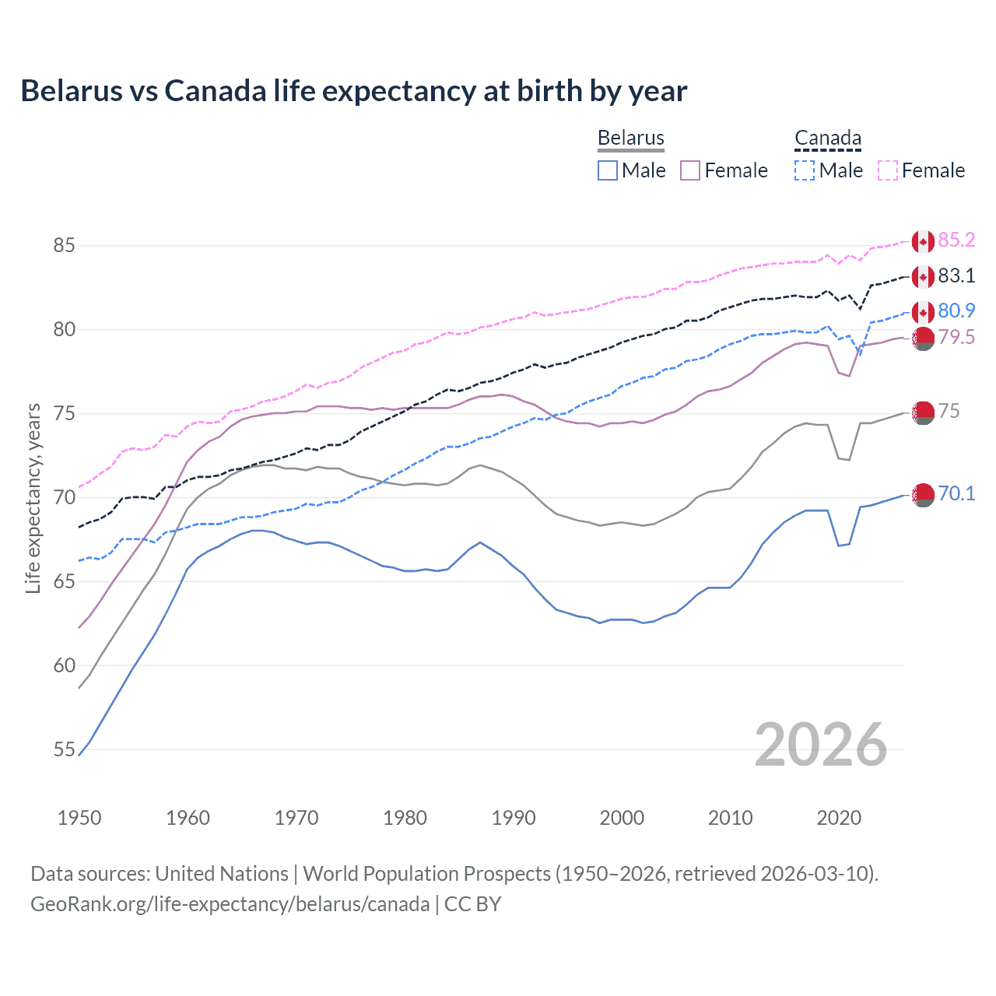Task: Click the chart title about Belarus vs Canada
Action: click(x=353, y=91)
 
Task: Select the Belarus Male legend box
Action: click(x=608, y=170)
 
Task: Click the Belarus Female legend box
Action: click(x=690, y=170)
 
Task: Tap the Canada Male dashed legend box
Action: click(x=805, y=170)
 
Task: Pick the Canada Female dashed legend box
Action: click(x=888, y=170)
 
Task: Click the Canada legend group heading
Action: click(x=827, y=139)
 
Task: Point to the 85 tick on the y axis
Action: click(x=64, y=245)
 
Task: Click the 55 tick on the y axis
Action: click(x=64, y=749)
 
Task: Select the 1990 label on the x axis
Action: click(x=514, y=818)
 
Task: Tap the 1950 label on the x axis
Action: click(x=79, y=818)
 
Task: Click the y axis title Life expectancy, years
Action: click(x=33, y=498)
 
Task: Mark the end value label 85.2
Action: click(x=956, y=240)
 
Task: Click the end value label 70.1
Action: click(x=956, y=494)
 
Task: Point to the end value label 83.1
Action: click(x=956, y=276)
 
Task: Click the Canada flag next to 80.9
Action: click(x=923, y=313)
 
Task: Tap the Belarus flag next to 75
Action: click(x=923, y=412)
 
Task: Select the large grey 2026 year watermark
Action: click(x=821, y=745)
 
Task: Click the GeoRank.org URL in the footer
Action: click(x=230, y=904)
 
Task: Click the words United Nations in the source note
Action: click(x=222, y=874)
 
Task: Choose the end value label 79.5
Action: click(x=956, y=338)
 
